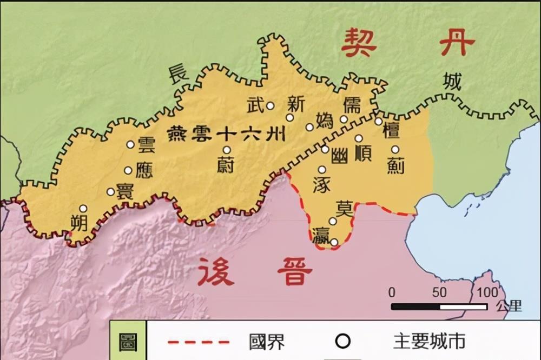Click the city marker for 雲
(x=130, y=144)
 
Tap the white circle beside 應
(x=128, y=170)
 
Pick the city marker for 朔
(x=83, y=208)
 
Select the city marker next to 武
(x=270, y=106)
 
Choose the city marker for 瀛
(x=334, y=242)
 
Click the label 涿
(x=321, y=185)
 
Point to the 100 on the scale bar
(x=487, y=292)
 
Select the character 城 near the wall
(x=452, y=81)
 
